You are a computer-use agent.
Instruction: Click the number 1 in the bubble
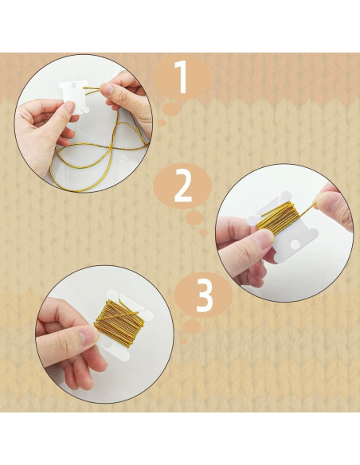click(182, 78)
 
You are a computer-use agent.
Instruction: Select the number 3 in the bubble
click(205, 294)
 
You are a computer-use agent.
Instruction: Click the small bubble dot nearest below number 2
click(194, 217)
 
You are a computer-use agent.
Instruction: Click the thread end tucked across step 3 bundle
click(119, 315)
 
